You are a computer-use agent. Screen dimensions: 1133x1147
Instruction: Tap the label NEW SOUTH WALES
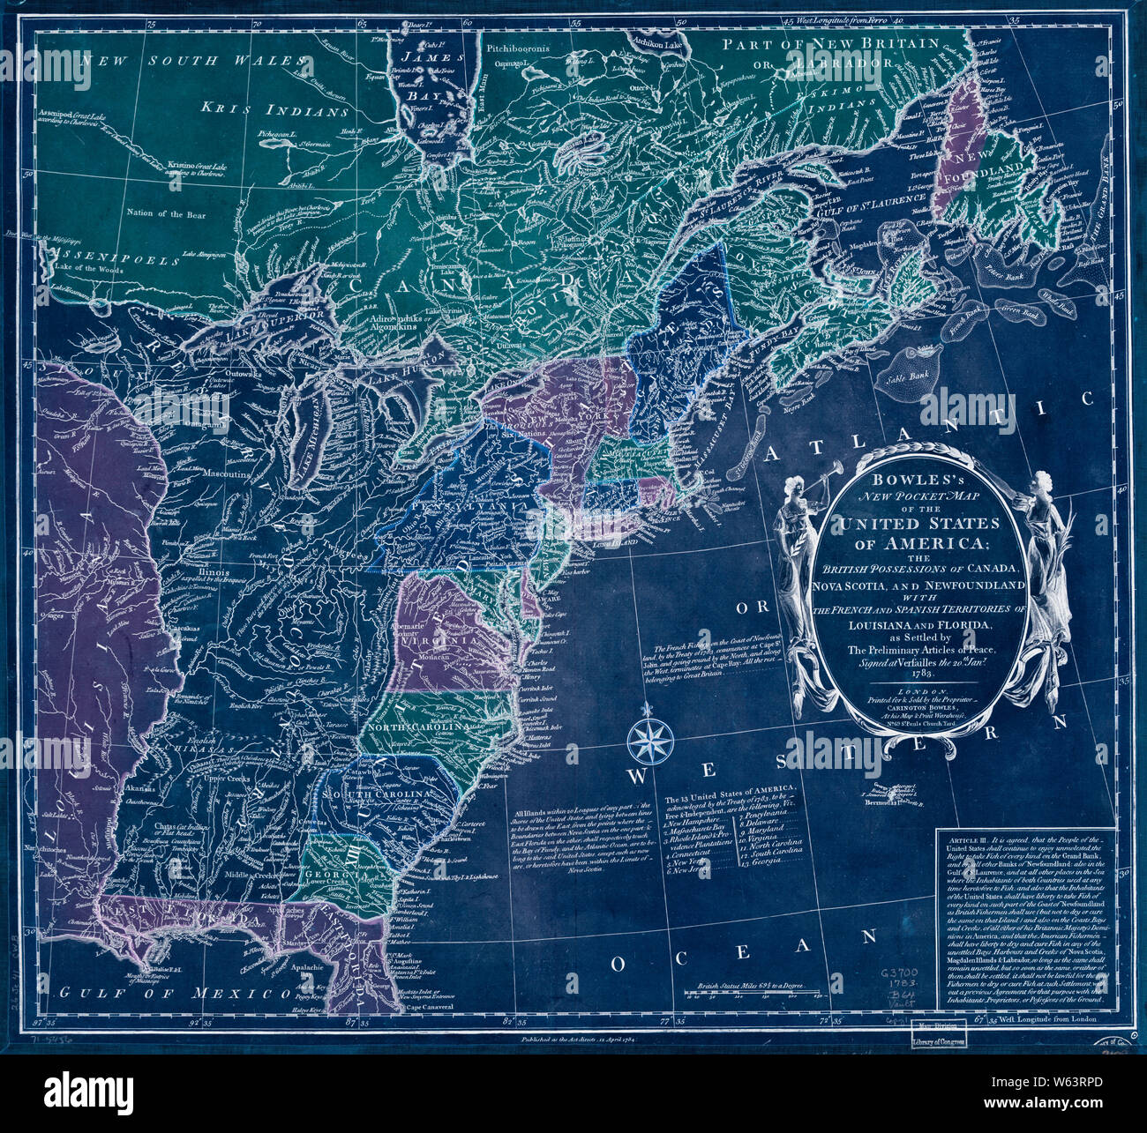[x=194, y=61]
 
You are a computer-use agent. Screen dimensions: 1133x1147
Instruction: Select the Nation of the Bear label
[x=167, y=213]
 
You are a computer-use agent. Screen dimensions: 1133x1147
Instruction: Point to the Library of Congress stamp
[x=939, y=1037]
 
